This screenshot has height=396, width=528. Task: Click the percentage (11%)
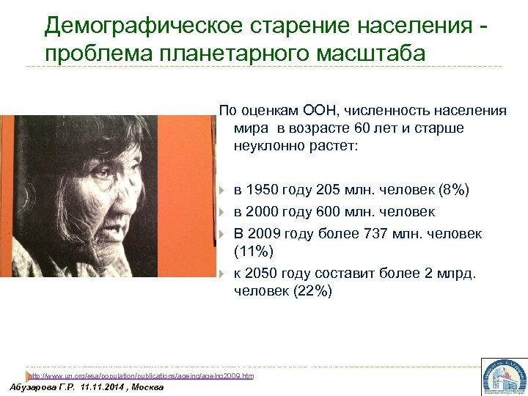click(x=254, y=252)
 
